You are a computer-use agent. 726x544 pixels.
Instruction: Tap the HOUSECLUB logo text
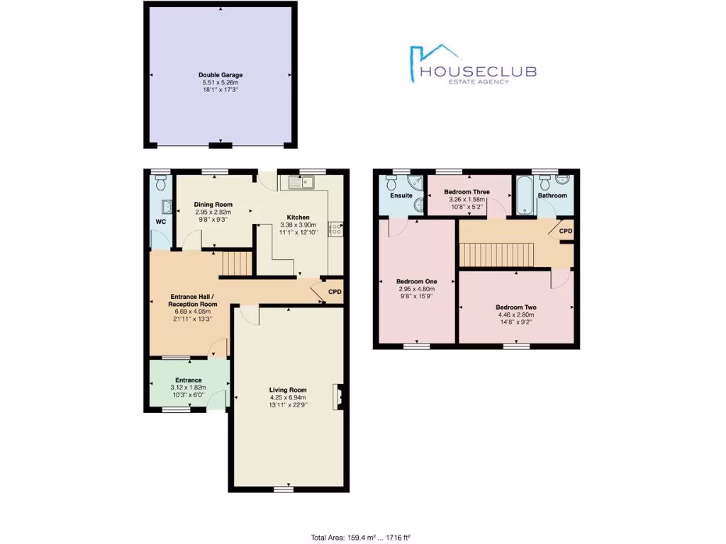(479, 72)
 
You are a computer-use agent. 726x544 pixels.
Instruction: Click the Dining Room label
(213, 205)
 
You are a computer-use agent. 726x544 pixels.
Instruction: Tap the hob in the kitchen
(336, 229)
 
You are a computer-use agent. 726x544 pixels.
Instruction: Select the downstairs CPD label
(335, 291)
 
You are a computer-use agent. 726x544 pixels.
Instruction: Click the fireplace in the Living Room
(338, 397)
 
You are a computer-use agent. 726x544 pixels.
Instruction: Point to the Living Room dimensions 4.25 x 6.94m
(288, 397)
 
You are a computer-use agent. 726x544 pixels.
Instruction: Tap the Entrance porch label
(189, 380)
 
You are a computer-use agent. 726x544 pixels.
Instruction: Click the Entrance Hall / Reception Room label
(193, 300)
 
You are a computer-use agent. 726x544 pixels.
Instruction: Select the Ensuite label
(402, 195)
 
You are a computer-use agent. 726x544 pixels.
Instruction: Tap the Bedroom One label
(415, 281)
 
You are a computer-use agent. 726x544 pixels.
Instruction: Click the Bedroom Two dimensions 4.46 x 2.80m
(515, 315)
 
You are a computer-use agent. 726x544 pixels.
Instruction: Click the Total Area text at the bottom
(362, 537)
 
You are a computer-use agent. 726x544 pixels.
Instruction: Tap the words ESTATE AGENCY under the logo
(480, 82)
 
